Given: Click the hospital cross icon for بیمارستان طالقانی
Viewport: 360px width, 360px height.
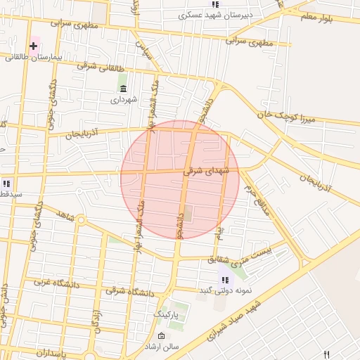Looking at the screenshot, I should tap(33, 46).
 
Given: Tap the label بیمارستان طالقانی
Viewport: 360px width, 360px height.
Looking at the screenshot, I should tap(32, 56).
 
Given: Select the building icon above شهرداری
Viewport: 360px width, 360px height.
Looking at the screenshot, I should tap(124, 89).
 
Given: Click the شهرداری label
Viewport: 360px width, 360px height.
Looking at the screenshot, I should tap(124, 100).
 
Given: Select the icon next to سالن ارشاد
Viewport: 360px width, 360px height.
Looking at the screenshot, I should tap(162, 335).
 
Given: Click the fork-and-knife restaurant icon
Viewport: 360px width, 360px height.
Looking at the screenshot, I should tap(326, 354).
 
